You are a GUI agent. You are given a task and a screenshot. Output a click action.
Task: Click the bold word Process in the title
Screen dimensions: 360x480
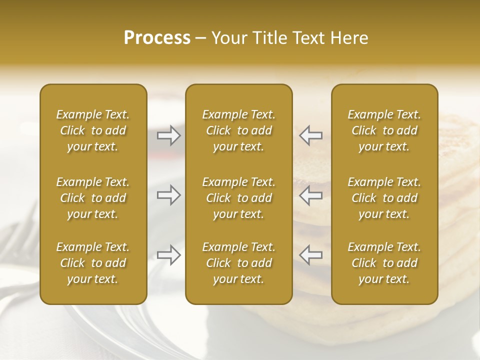pos(157,38)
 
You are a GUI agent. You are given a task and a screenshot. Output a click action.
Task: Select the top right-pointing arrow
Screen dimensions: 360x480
pos(168,135)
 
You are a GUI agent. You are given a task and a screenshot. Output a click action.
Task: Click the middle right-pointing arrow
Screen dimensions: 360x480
pos(168,195)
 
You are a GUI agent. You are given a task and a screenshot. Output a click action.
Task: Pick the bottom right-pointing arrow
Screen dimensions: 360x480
pos(168,255)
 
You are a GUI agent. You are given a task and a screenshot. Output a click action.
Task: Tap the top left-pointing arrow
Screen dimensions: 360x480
pos(310,135)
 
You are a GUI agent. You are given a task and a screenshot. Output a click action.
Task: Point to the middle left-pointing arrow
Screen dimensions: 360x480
pos(310,195)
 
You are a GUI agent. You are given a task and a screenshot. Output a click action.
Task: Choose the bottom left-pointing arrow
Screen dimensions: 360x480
pos(310,255)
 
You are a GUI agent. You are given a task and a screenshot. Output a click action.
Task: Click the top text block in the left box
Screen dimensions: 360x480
pos(93,130)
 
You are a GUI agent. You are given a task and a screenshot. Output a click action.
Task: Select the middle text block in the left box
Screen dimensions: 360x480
pos(93,198)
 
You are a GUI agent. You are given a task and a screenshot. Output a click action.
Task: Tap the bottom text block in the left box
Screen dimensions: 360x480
pos(93,263)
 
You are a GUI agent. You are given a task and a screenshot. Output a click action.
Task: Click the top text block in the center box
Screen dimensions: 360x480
pos(238,130)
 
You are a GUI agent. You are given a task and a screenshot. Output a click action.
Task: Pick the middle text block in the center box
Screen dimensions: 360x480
pos(238,198)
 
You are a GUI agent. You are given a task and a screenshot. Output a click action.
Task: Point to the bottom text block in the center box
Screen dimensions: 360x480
pos(238,263)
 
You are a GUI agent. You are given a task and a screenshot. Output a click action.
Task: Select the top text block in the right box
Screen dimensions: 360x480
pos(384,130)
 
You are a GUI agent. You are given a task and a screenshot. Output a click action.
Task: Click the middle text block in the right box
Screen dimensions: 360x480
pos(384,198)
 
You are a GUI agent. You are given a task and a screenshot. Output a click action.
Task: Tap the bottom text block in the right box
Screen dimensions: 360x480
pos(384,263)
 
